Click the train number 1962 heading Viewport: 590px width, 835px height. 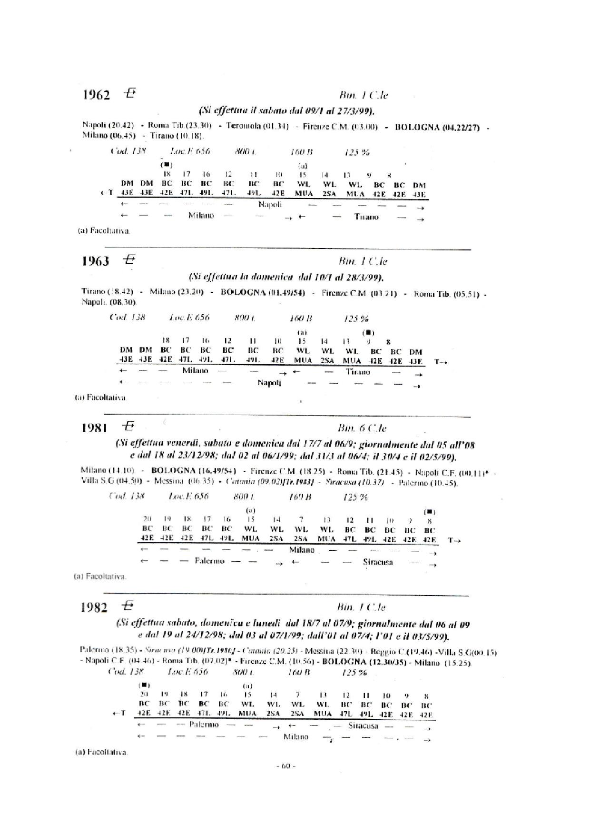point(97,95)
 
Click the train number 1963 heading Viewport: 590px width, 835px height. point(96,261)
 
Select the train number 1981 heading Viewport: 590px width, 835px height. point(95,428)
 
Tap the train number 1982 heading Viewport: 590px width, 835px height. point(94,607)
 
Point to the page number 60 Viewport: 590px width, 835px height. point(286,766)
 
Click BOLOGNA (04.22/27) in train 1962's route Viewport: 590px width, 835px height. point(437,127)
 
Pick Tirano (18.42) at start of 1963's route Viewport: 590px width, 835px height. point(107,291)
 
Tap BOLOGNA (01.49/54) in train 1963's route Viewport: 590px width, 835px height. point(263,292)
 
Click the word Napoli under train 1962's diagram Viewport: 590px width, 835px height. point(270,205)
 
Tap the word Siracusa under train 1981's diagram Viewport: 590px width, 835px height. point(378,562)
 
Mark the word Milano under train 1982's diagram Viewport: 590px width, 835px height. point(295,737)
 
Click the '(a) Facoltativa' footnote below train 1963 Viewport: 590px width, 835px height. point(101,398)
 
